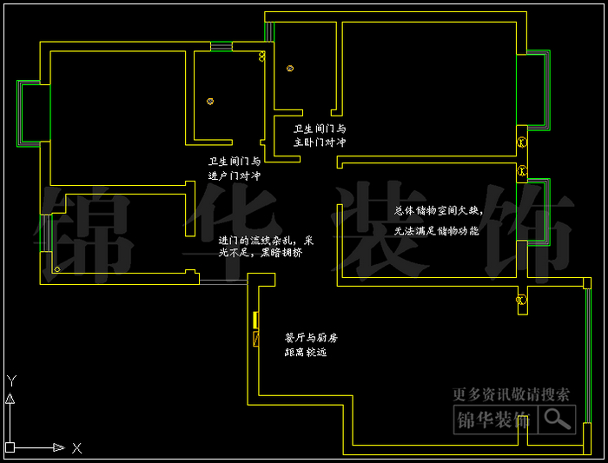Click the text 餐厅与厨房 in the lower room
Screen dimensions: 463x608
pyautogui.click(x=311, y=337)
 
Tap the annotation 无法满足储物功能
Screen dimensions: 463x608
pyautogui.click(x=437, y=231)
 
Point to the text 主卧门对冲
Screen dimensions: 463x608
pyautogui.click(x=320, y=141)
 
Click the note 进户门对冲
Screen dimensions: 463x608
pyautogui.click(x=234, y=175)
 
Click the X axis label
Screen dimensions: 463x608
pyautogui.click(x=76, y=448)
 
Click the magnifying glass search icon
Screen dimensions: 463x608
pyautogui.click(x=558, y=420)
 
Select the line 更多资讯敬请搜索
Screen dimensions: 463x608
pyautogui.click(x=512, y=394)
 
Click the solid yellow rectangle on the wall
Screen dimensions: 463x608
pyautogui.click(x=255, y=320)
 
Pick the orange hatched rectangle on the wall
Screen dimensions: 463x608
pyautogui.click(x=255, y=339)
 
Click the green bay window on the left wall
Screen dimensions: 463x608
pyautogui.click(x=28, y=113)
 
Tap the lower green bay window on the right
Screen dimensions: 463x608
pyautogui.click(x=537, y=213)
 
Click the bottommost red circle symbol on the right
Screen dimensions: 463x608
pyautogui.click(x=521, y=301)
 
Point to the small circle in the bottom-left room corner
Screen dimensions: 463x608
pyautogui.click(x=57, y=269)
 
